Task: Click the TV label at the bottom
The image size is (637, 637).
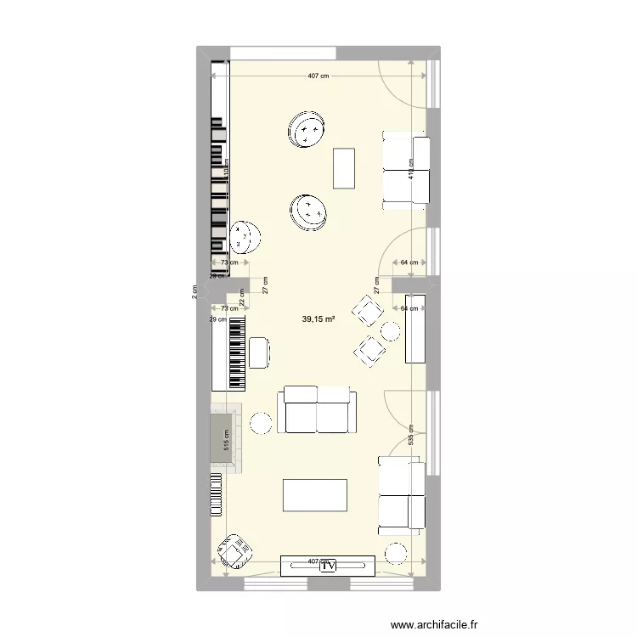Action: (x=329, y=565)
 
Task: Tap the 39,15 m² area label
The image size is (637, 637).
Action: (x=318, y=319)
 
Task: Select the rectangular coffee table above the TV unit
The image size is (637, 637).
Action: (x=315, y=495)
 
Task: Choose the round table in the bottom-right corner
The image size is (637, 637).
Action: (x=397, y=553)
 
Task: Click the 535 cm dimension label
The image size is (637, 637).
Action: (x=411, y=436)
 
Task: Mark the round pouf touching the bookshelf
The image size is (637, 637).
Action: (x=245, y=237)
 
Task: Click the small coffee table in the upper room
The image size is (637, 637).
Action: (x=344, y=168)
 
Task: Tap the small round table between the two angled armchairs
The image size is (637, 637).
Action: (x=391, y=330)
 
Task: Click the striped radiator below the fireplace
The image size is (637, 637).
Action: (x=216, y=493)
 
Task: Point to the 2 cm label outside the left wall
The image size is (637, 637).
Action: (x=194, y=291)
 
